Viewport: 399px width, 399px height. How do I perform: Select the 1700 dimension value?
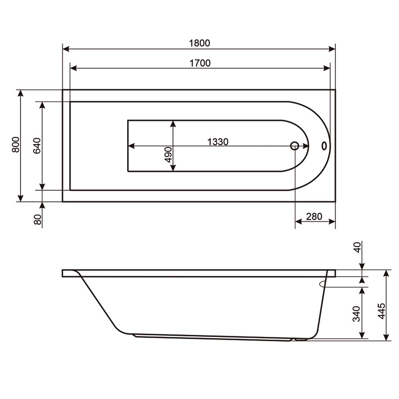(x=199, y=63)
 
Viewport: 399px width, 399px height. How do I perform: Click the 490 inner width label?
(x=168, y=157)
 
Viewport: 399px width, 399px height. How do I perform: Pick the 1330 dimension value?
(x=217, y=141)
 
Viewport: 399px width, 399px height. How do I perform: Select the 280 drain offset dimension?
(x=314, y=217)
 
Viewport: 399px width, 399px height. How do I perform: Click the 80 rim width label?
(x=37, y=219)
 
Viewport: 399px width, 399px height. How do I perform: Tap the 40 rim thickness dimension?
(x=357, y=248)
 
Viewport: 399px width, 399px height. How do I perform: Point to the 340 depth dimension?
(x=356, y=313)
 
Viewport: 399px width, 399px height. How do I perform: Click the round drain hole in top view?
(x=295, y=146)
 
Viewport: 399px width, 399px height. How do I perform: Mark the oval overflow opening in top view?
(x=324, y=146)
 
